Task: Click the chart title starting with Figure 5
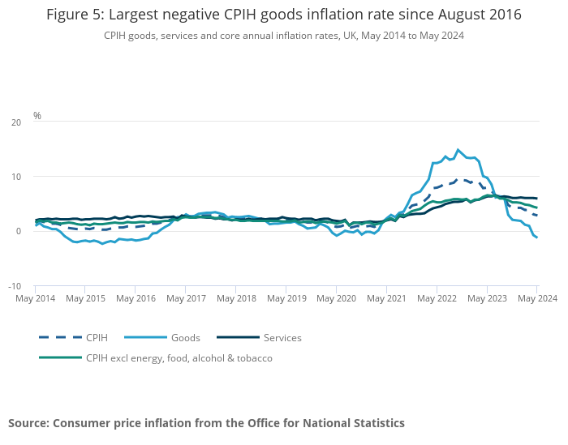[284, 15]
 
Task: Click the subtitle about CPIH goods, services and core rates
[284, 36]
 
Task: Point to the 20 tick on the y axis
[16, 122]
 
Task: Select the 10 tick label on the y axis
[16, 177]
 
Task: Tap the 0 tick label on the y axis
[19, 232]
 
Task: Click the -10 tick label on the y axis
[15, 286]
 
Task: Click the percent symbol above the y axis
[37, 116]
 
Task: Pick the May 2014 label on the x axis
[35, 298]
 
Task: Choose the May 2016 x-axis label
[136, 298]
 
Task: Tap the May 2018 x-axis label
[235, 298]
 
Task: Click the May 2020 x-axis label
[336, 298]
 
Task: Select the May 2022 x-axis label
[437, 298]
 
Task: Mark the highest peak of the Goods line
[458, 149]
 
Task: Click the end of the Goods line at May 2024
[536, 237]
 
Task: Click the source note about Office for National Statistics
[206, 423]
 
